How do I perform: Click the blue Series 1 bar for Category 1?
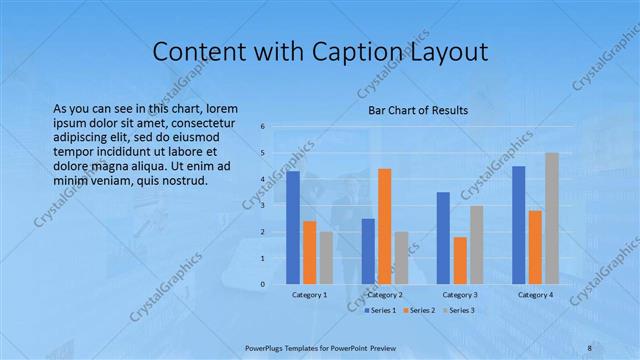pos(293,228)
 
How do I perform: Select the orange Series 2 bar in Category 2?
pos(385,226)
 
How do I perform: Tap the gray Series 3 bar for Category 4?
pos(552,218)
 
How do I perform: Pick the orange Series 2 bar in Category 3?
pos(460,260)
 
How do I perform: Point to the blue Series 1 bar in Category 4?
pos(518,225)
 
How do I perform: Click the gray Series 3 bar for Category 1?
pos(326,258)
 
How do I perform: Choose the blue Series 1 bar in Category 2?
pos(368,251)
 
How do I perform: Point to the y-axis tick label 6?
pos(262,127)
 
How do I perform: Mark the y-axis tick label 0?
pos(262,284)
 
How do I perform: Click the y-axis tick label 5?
pos(262,153)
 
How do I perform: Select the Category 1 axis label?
pos(309,295)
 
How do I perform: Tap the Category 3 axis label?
pos(460,295)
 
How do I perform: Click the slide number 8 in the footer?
pos(589,347)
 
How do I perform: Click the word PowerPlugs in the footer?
pos(268,347)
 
